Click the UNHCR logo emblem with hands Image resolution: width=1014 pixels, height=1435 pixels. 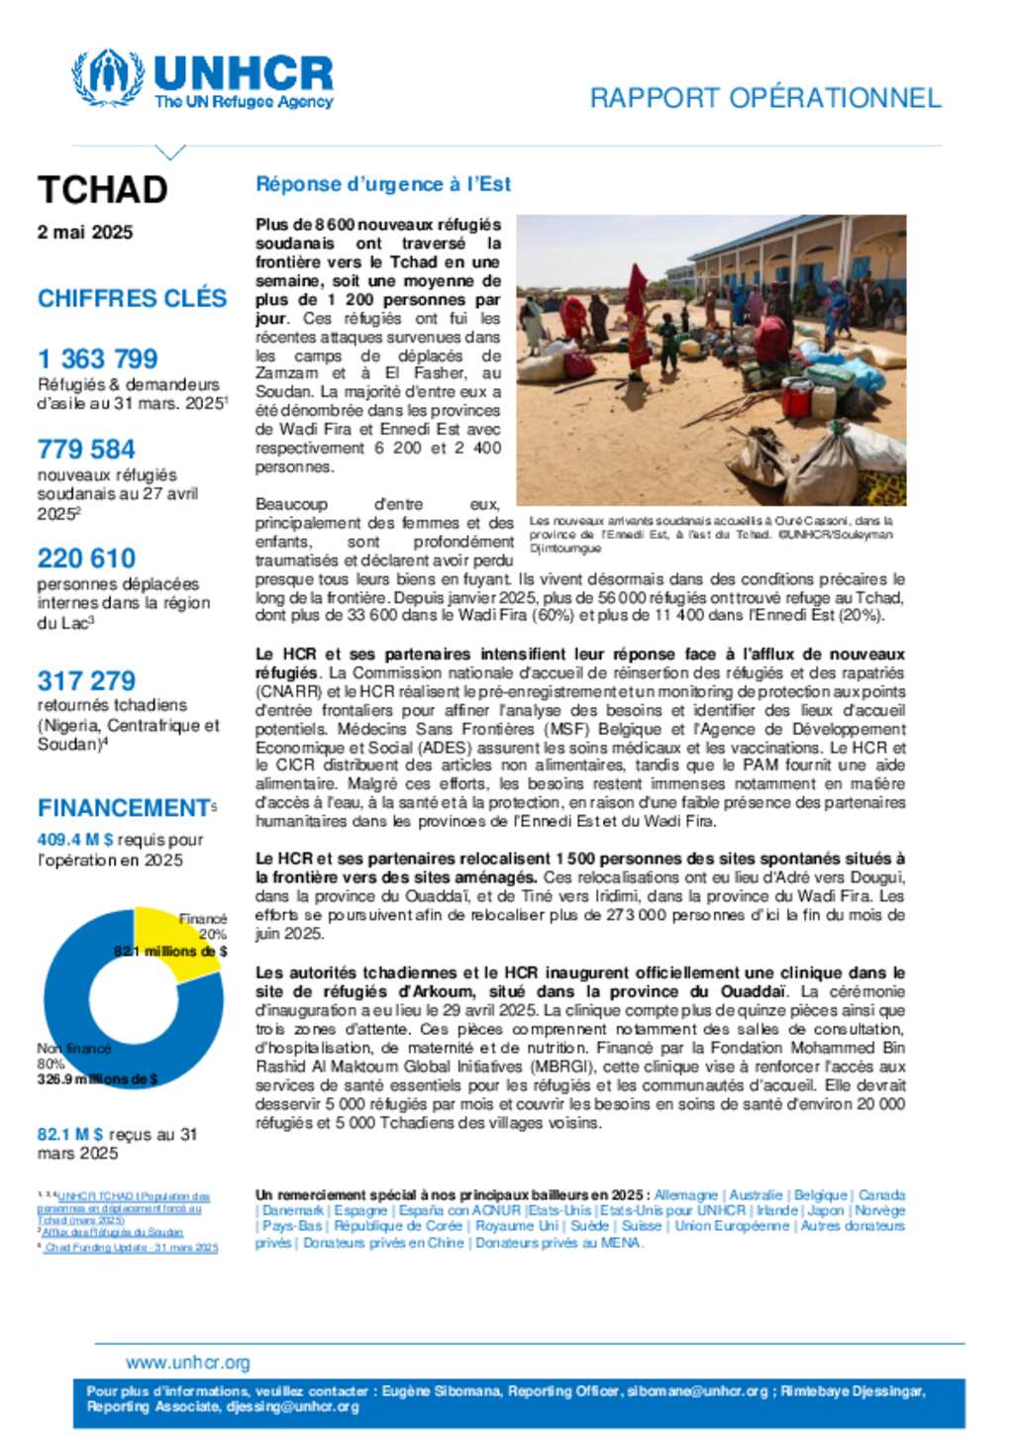107,77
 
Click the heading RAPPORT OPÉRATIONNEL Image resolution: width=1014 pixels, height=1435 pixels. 764,98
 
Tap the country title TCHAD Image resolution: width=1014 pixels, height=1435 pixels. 102,189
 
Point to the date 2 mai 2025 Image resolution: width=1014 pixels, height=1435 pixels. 85,233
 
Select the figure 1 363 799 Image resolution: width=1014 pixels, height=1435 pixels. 97,359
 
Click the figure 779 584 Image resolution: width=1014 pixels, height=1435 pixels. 86,450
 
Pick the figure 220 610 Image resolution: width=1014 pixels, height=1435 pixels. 86,559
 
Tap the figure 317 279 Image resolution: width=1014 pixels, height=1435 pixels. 86,681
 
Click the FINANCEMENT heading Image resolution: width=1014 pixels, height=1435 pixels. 124,808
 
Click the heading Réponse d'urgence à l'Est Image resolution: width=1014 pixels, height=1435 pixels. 383,184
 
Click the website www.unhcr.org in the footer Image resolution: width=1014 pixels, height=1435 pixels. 188,1363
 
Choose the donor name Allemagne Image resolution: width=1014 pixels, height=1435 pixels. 685,1195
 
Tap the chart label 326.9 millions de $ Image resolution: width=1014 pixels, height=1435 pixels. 97,1079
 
